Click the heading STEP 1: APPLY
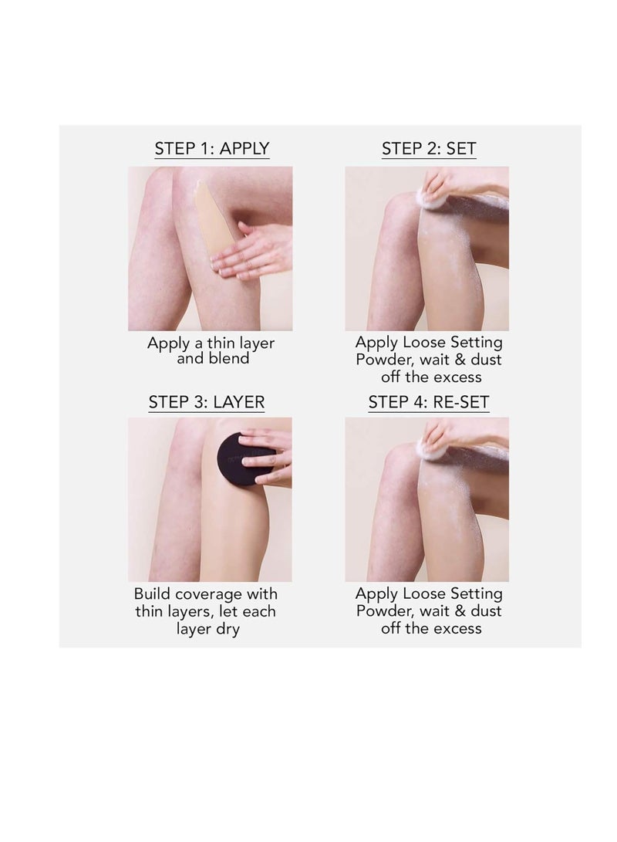click(x=212, y=148)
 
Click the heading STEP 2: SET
click(x=429, y=148)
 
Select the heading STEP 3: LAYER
click(x=207, y=401)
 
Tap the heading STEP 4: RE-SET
click(x=429, y=401)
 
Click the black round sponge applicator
click(x=244, y=459)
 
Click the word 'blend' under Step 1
click(x=229, y=359)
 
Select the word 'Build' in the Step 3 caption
click(x=155, y=594)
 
